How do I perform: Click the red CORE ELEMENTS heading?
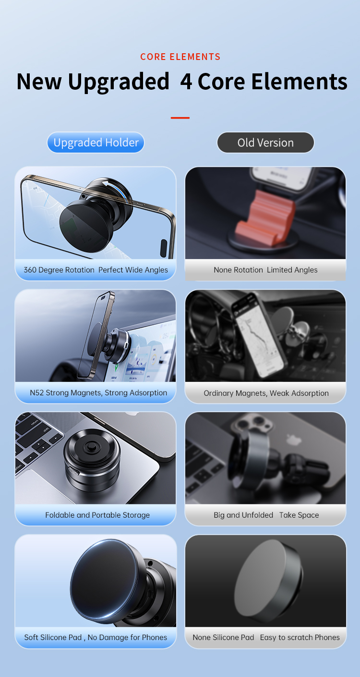coord(180,57)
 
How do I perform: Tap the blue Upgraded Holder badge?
coord(96,143)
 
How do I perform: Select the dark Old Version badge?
coord(265,143)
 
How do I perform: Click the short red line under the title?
coord(180,118)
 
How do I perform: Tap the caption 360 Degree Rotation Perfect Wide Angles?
coord(96,270)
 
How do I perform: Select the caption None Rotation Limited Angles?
coord(265,270)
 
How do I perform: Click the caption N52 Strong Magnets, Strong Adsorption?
coord(98,392)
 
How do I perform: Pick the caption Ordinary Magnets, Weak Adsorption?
coord(266,393)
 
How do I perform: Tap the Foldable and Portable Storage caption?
coord(97,515)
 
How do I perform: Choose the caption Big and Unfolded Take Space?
coord(266,515)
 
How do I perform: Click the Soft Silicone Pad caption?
coord(96,637)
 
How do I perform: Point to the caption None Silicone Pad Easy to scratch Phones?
coord(266,637)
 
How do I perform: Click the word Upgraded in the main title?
coord(119,82)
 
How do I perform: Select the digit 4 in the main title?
coord(186,82)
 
